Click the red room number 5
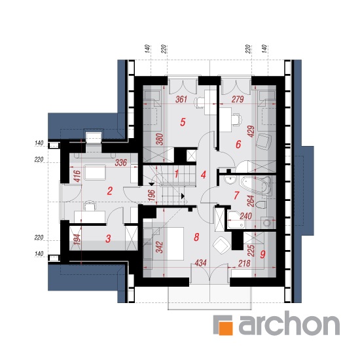(183, 122)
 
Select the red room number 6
(238, 145)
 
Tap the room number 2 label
(110, 190)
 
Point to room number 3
(108, 239)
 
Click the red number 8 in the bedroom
(196, 237)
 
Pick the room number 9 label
(263, 254)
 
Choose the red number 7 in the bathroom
(236, 196)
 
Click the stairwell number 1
(176, 174)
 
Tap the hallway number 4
(203, 175)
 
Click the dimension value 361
(181, 99)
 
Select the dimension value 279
(238, 99)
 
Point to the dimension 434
(201, 263)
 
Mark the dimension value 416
(78, 176)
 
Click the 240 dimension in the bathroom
(245, 216)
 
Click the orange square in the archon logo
(226, 329)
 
